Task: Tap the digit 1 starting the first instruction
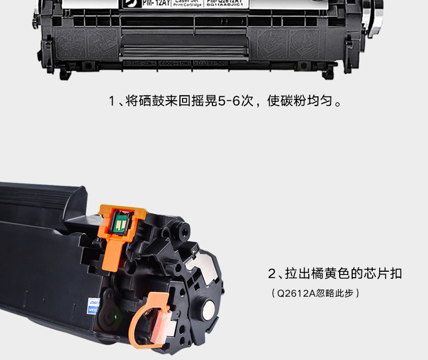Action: point(112,102)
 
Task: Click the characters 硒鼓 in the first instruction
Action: point(151,102)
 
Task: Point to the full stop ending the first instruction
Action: point(338,104)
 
